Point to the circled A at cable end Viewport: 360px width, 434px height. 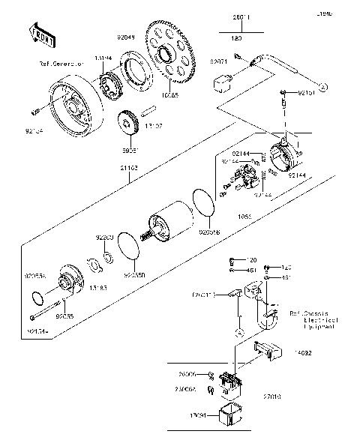click(323, 88)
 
